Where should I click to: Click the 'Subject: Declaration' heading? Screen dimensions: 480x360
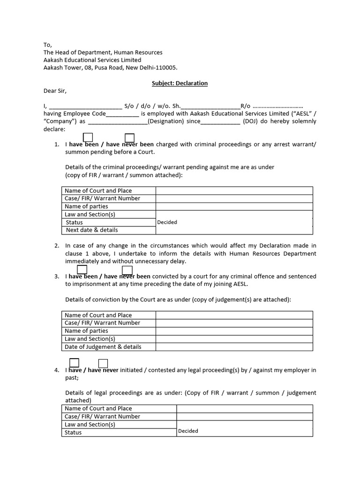coord(180,83)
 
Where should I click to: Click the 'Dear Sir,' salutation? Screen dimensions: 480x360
coord(56,91)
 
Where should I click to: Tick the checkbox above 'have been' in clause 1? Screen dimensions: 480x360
coord(88,137)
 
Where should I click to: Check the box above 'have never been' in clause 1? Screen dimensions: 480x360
coord(130,138)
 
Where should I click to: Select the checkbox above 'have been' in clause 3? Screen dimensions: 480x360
coord(82,270)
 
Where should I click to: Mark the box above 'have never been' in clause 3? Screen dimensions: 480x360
coord(127,270)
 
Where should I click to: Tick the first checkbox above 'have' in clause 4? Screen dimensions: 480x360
coord(74,363)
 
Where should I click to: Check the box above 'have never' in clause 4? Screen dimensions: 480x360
coord(103,363)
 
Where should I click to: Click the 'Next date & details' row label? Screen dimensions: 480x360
coord(92,230)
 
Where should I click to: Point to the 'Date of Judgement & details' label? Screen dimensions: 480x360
coord(103,347)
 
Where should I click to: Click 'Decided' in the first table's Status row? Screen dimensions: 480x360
coord(167,222)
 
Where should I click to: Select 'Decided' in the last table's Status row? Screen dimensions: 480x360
coord(188,431)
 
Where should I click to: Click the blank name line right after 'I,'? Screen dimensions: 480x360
coord(85,106)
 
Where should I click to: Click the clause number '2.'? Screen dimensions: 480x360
coord(56,246)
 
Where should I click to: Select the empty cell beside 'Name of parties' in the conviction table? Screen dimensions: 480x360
coord(234,331)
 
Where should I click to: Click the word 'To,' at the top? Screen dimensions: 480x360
coord(47,45)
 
